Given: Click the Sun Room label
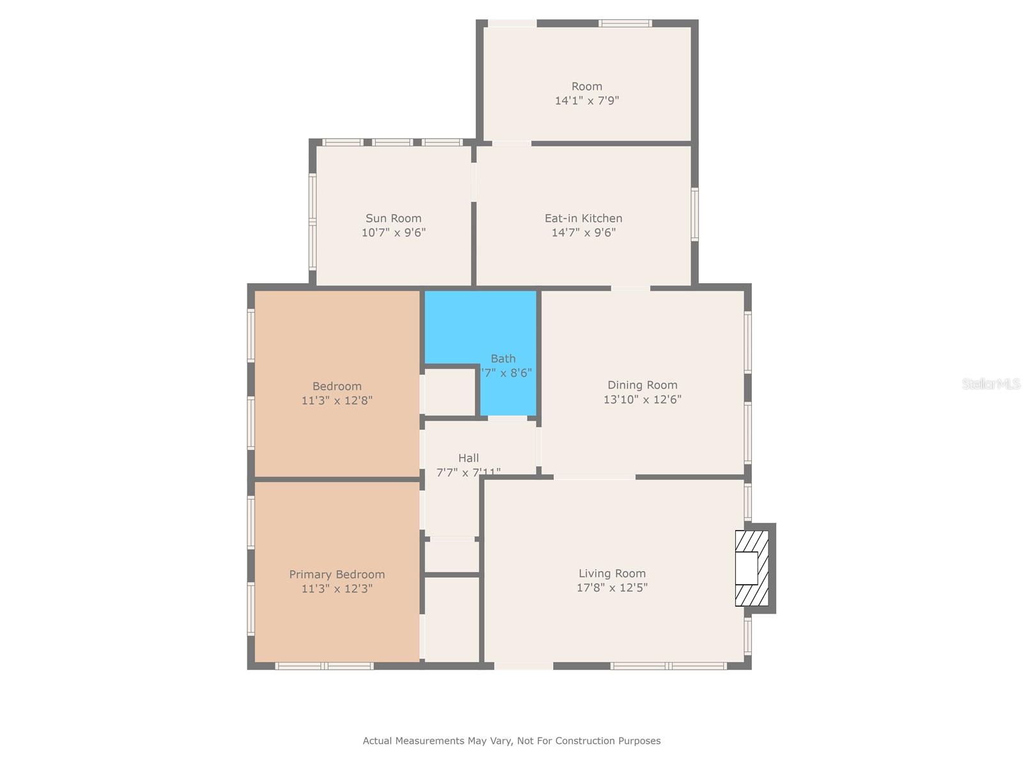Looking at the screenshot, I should point(393,219).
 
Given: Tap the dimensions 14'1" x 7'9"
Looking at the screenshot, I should point(586,100).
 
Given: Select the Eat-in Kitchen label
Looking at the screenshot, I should point(583,219).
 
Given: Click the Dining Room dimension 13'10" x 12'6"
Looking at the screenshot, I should point(642,399).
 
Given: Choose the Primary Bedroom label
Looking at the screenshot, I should point(337,575).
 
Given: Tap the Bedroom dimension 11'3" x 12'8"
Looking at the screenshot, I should point(337,401).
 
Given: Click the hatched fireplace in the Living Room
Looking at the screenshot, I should point(751,568).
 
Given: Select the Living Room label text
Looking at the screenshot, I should point(612,574).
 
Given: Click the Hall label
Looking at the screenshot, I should point(468,458).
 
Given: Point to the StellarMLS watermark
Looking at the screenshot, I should point(991,383).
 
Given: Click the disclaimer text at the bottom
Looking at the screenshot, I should point(511,741).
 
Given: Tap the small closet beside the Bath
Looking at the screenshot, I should point(450,392).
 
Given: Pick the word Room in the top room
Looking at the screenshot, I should point(586,86).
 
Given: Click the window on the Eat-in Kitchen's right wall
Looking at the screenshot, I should point(695,214).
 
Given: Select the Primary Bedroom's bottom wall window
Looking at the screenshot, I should point(324,666).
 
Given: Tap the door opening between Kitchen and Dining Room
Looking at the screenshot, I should point(630,288).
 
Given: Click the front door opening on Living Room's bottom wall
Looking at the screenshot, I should point(523,666).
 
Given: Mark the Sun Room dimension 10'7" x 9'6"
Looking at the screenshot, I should point(393,233).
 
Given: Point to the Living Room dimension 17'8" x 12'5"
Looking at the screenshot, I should point(612,588).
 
